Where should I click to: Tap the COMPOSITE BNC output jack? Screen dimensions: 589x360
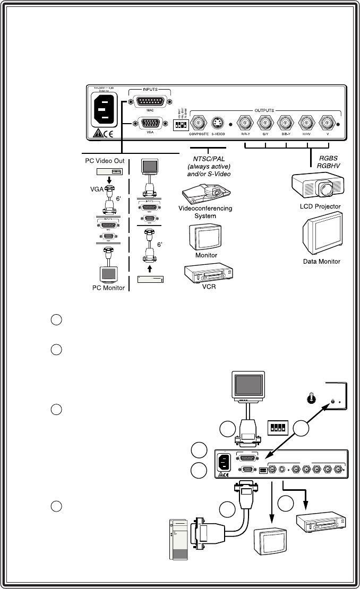pos(199,123)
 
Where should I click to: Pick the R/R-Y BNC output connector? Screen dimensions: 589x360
pos(246,123)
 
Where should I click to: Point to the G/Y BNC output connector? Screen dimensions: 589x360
pos(265,123)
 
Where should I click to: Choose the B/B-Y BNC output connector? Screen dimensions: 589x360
pos(285,123)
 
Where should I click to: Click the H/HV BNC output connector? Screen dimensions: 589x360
pos(306,123)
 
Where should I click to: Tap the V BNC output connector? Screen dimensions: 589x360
pos(327,123)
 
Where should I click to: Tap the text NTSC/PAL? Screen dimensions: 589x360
pos(209,158)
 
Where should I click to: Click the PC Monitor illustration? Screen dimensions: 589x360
pos(109,274)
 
